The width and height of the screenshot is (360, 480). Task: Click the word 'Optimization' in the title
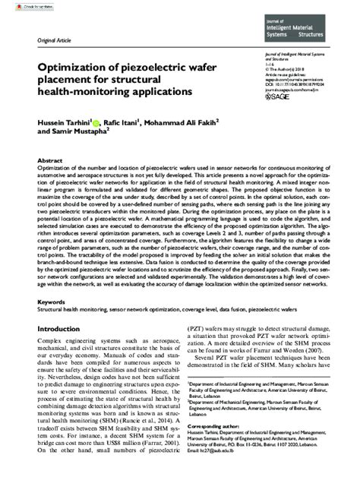click(73, 68)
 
